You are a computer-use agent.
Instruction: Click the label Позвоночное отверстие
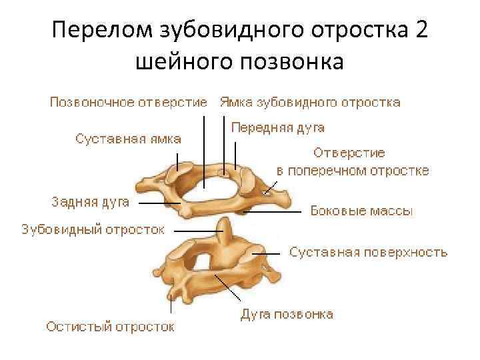tap(129, 103)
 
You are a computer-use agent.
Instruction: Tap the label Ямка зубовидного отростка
tap(310, 103)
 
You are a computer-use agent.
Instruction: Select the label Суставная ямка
tap(127, 139)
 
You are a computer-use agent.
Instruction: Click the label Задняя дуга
tap(91, 200)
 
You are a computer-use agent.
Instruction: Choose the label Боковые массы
tap(362, 211)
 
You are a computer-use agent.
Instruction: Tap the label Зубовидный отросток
tap(93, 229)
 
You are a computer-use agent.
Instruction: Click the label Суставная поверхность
tap(368, 253)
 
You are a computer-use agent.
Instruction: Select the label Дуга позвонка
tap(287, 313)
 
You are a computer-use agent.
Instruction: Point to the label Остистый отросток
tap(110, 327)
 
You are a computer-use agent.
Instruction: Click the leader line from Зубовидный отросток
tap(197, 229)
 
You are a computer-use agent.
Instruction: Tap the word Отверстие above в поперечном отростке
tap(349, 153)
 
